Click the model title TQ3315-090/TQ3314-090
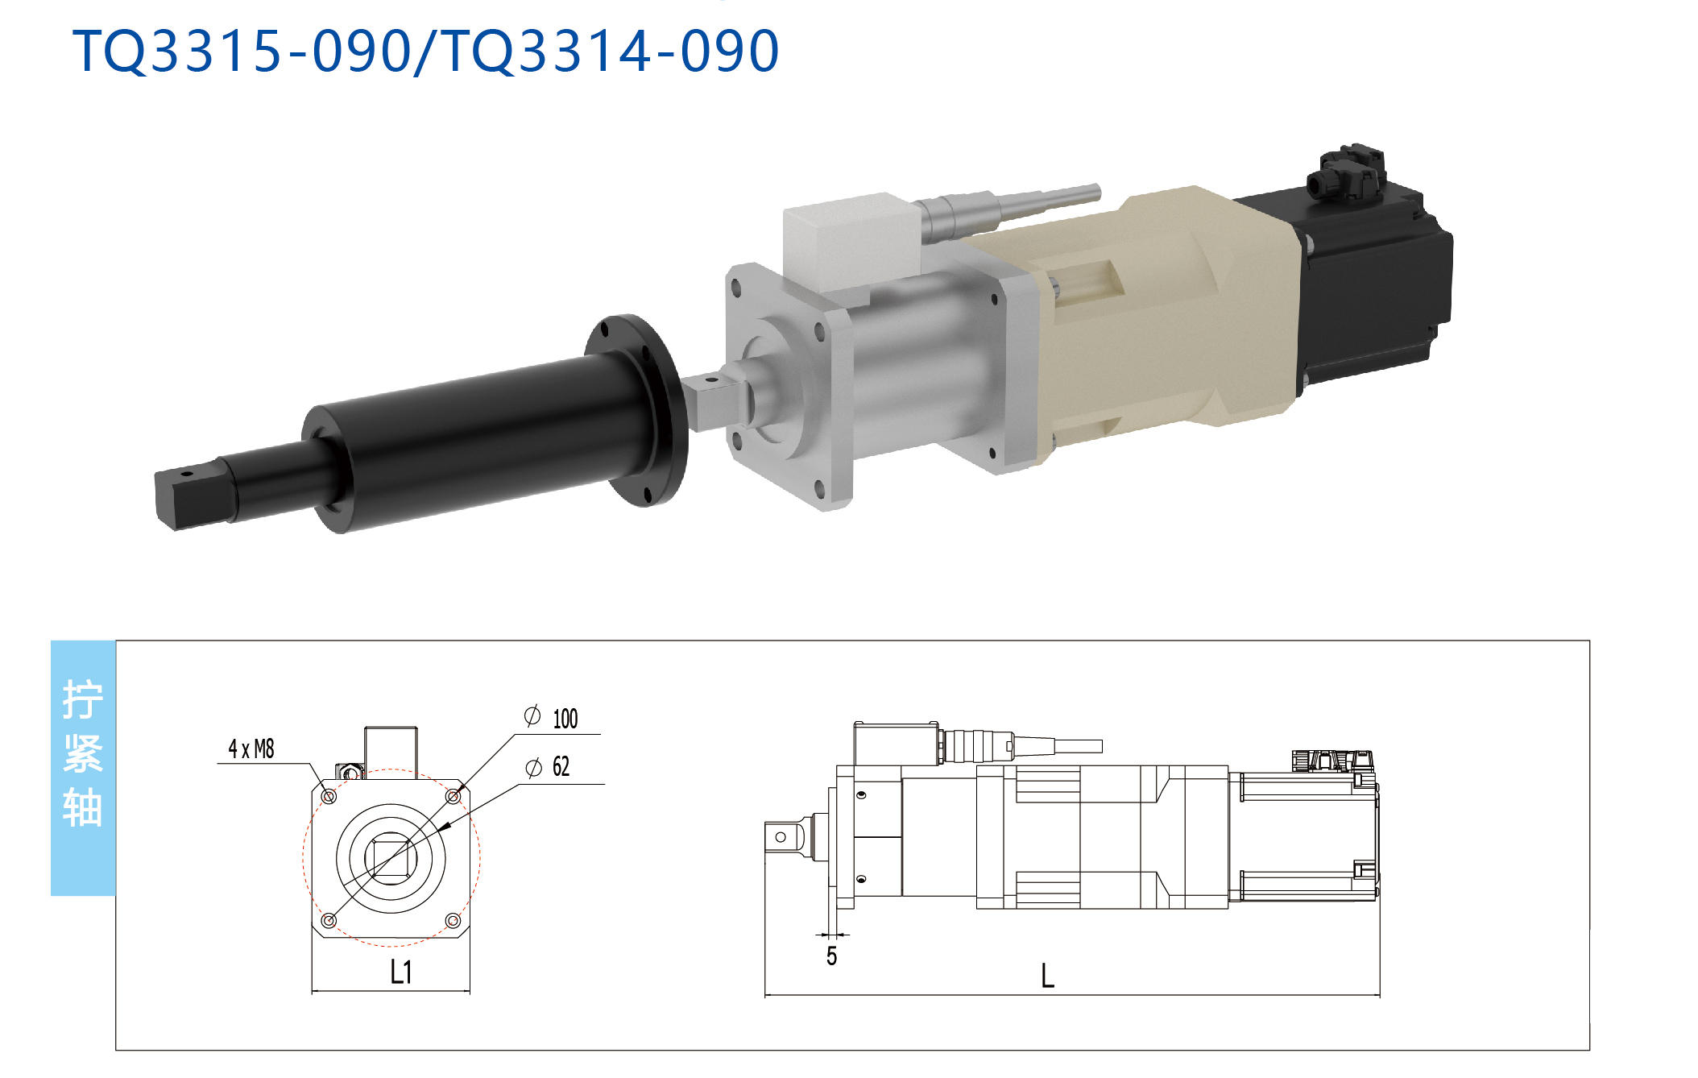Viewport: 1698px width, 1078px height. tap(426, 51)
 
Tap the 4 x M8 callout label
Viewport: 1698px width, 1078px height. tap(251, 749)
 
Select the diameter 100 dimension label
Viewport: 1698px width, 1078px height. tap(552, 717)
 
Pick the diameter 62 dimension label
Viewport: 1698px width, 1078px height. tap(548, 766)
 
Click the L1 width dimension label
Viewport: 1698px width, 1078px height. tap(401, 972)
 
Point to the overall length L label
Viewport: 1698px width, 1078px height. tap(1047, 976)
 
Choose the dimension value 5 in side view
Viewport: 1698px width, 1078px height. tap(831, 956)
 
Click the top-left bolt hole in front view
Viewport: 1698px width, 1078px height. tap(329, 797)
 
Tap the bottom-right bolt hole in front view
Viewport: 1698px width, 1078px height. tap(453, 920)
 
